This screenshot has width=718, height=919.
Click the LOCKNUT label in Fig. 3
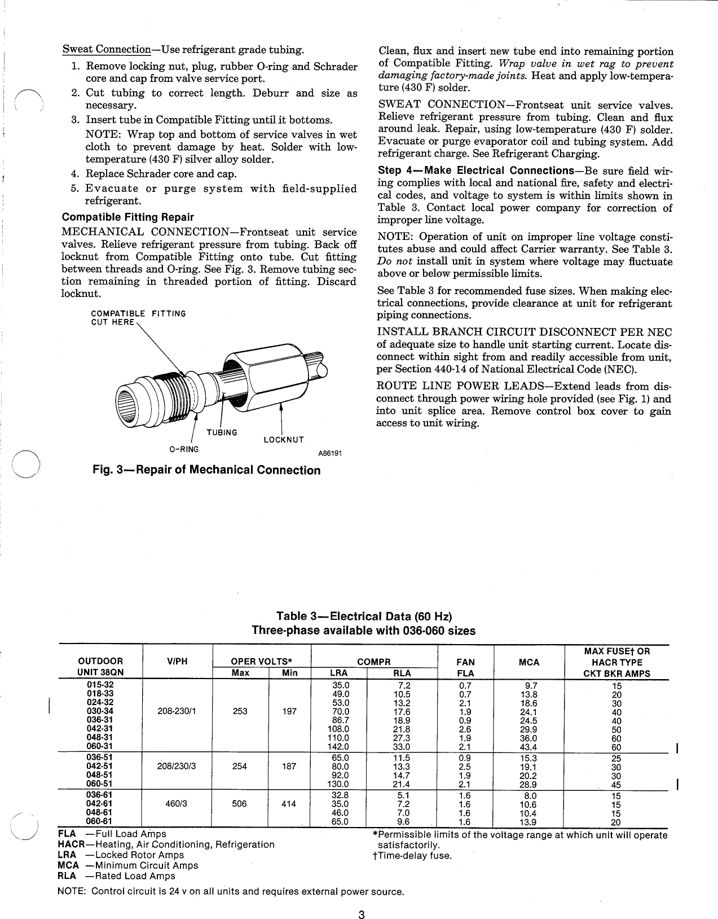pos(284,440)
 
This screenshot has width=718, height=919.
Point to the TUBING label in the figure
pos(222,432)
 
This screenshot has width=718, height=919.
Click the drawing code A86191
pos(331,453)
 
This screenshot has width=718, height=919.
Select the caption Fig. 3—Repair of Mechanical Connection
pos(206,470)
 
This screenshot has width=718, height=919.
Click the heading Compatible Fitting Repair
pos(127,217)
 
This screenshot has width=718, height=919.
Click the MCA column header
pos(528,662)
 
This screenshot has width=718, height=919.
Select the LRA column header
pos(338,673)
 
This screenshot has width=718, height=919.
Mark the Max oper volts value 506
pos(240,804)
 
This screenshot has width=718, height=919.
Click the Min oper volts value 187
pos(289,767)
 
